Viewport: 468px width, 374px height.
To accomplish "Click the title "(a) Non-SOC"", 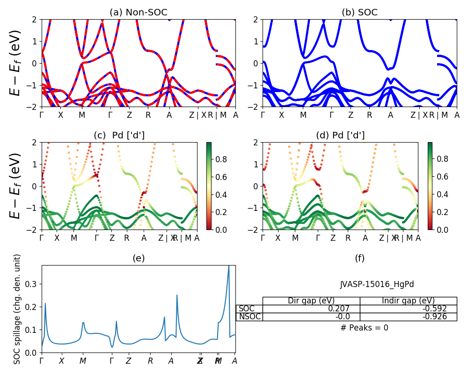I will click(x=139, y=13).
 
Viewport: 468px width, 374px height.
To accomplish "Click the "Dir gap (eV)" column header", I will click(x=311, y=301).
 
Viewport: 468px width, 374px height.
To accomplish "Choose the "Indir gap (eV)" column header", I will click(x=408, y=301).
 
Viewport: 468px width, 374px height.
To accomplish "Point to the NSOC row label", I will click(x=249, y=317).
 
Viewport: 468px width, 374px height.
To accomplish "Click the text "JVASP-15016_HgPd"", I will click(x=377, y=284).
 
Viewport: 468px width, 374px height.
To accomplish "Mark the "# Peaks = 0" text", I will click(x=365, y=328).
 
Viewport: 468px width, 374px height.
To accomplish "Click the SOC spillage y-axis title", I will click(x=17, y=309).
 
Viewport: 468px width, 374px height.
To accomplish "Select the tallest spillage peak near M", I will click(x=228, y=266).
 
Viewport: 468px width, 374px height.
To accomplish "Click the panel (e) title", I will click(x=139, y=258).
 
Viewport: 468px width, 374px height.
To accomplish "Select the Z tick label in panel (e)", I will click(x=128, y=361).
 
